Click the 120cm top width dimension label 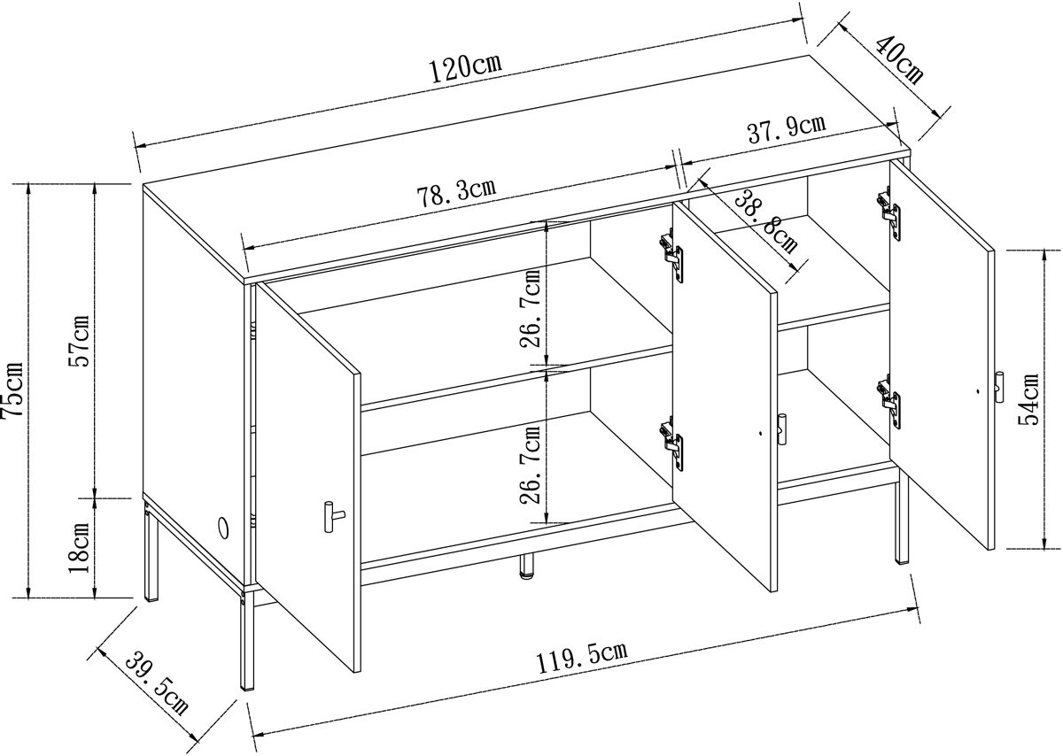465,69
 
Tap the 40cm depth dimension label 898,61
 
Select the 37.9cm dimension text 787,128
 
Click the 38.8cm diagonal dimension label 765,221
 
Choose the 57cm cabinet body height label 79,342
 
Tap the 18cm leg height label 79,548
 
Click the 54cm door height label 1028,400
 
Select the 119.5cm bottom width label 582,657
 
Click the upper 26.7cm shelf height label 530,308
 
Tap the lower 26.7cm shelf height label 530,465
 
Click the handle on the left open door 333,516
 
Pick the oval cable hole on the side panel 223,527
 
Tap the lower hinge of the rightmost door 889,402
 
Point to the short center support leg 527,566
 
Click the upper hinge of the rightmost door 889,213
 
